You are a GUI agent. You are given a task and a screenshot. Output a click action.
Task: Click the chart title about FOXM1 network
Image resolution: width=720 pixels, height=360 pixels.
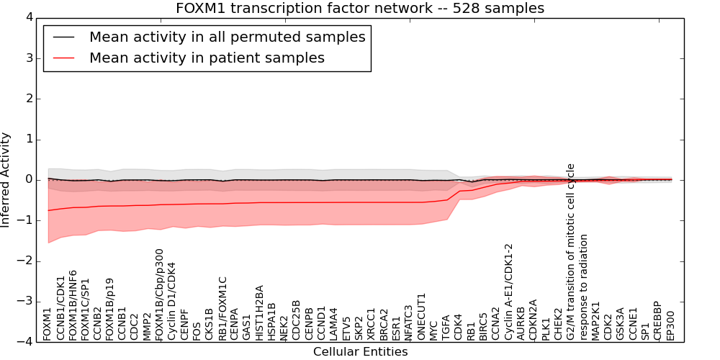[360, 8]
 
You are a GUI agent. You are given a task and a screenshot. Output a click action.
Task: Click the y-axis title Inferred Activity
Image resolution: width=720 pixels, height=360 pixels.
[6, 179]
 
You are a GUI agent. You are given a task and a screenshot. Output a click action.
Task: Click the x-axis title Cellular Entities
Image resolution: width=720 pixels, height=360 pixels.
[360, 352]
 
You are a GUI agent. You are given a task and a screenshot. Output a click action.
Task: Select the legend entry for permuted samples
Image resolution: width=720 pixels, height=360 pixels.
[227, 37]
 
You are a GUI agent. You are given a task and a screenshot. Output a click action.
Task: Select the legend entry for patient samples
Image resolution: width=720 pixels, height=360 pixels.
[207, 58]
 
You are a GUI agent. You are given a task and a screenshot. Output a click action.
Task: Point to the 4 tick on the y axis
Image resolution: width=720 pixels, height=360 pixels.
[27, 17]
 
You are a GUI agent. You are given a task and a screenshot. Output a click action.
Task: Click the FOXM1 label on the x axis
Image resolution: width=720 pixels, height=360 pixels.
[48, 324]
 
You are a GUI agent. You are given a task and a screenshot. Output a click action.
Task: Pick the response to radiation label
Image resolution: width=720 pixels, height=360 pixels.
[584, 287]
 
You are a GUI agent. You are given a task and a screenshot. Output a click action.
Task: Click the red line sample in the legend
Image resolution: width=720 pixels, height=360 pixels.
[63, 58]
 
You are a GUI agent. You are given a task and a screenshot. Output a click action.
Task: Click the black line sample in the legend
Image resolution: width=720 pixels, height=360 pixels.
[63, 37]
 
